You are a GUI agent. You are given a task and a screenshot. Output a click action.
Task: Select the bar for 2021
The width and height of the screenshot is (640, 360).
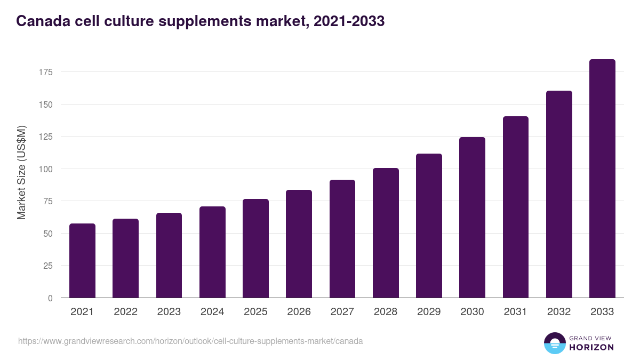pyautogui.click(x=82, y=261)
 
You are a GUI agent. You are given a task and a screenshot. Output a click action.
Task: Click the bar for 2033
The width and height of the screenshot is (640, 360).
pyautogui.click(x=602, y=179)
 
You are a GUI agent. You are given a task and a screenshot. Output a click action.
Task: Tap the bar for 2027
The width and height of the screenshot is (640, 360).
pyautogui.click(x=342, y=239)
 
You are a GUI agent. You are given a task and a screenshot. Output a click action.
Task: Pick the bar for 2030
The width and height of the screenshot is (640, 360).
pyautogui.click(x=472, y=218)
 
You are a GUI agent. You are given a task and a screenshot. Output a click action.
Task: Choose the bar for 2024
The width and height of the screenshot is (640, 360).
pyautogui.click(x=212, y=252)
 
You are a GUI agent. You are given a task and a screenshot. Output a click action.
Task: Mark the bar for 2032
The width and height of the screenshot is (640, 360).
pyautogui.click(x=559, y=194)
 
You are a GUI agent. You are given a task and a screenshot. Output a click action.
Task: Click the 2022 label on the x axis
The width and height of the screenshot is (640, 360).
pyautogui.click(x=125, y=312)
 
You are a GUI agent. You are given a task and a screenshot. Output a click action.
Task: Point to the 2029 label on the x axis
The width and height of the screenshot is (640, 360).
pyautogui.click(x=429, y=312)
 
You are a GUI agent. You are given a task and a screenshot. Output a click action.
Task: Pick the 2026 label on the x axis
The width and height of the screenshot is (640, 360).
pyautogui.click(x=299, y=312)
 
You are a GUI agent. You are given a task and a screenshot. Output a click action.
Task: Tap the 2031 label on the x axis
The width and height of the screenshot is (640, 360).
pyautogui.click(x=515, y=312)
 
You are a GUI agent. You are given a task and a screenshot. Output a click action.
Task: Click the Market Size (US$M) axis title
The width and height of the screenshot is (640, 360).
pyautogui.click(x=21, y=172)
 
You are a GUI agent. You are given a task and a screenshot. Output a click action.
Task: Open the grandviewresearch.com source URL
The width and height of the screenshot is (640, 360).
pyautogui.click(x=190, y=341)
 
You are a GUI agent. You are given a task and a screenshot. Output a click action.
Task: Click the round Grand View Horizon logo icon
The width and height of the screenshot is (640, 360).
pyautogui.click(x=554, y=343)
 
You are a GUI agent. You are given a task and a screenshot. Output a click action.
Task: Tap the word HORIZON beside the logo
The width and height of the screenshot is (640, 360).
pyautogui.click(x=591, y=347)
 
